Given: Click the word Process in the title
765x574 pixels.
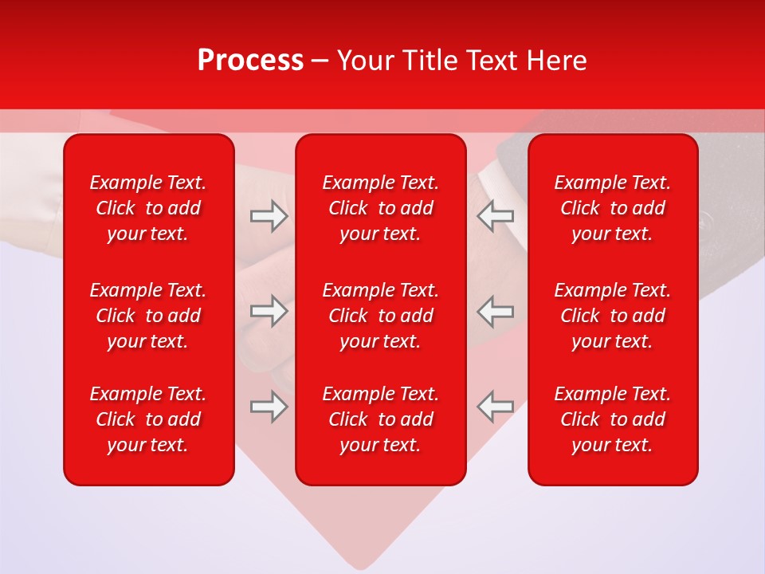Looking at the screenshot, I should pyautogui.click(x=250, y=60).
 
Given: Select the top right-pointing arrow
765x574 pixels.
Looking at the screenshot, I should pyautogui.click(x=269, y=216).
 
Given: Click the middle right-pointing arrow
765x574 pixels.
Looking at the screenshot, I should pyautogui.click(x=269, y=311).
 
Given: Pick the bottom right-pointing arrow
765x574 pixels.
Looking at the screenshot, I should pyautogui.click(x=269, y=407).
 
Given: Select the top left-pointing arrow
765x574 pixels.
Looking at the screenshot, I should pyautogui.click(x=496, y=216).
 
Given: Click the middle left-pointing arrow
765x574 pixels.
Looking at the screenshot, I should pyautogui.click(x=496, y=311).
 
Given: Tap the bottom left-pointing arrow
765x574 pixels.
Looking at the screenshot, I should pyautogui.click(x=496, y=407).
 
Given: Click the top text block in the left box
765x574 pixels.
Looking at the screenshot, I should pyautogui.click(x=148, y=208).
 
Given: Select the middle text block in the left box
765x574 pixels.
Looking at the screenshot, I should pyautogui.click(x=148, y=316).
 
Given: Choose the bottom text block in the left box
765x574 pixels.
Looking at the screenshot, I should pyautogui.click(x=148, y=419).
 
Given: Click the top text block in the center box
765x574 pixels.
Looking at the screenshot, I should pyautogui.click(x=381, y=208).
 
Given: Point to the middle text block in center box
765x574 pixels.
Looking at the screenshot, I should pyautogui.click(x=381, y=316).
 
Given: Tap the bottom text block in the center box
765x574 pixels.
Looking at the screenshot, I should pyautogui.click(x=381, y=419).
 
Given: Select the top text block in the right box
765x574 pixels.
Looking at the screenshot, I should pyautogui.click(x=613, y=208).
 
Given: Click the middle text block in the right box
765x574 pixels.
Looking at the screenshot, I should pyautogui.click(x=613, y=316).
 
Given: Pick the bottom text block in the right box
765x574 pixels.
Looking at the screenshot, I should pyautogui.click(x=613, y=419).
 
